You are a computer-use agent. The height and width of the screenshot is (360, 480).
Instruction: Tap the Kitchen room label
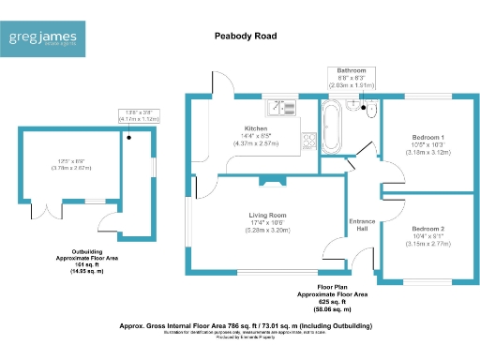[x=256, y=128]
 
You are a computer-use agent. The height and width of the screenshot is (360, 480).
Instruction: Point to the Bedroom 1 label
[x=426, y=138]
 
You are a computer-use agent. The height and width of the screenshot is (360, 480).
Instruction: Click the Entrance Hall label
[x=361, y=225]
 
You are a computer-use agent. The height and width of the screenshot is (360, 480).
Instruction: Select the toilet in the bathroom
[x=371, y=112]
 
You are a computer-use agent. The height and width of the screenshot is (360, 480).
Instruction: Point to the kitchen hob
[x=306, y=138]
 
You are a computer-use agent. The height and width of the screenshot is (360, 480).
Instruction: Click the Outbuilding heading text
[x=79, y=253]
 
